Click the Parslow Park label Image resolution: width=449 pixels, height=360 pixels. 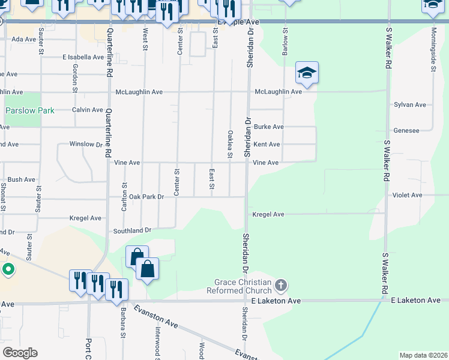click(x=29, y=110)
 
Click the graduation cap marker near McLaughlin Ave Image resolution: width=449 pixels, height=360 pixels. click(x=307, y=74)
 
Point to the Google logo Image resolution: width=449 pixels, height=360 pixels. click(x=19, y=353)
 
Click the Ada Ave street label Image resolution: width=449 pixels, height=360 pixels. click(x=24, y=39)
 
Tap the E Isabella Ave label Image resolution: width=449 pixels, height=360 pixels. click(x=83, y=57)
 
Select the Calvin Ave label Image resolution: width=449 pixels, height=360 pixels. click(x=88, y=110)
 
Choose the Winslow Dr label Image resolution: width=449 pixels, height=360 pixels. click(x=86, y=144)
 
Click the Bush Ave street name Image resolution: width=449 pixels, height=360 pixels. click(x=22, y=179)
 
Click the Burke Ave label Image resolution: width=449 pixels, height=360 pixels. click(x=268, y=127)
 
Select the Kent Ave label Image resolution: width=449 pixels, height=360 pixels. click(x=267, y=145)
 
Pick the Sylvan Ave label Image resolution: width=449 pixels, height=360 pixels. click(x=410, y=104)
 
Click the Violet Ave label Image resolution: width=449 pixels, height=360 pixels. click(x=408, y=195)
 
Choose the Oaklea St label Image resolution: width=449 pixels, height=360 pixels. click(x=230, y=145)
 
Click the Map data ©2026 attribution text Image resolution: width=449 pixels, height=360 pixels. click(x=423, y=355)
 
